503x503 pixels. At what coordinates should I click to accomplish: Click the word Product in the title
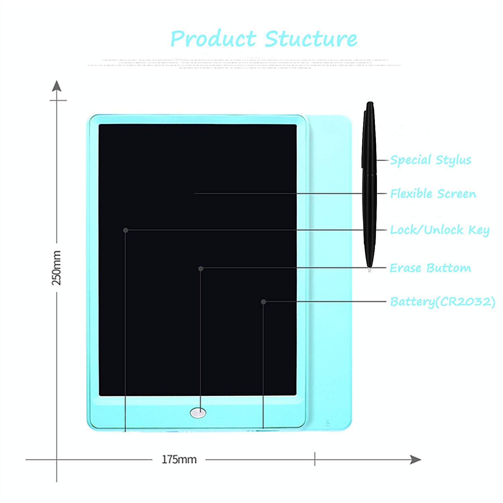point(213,39)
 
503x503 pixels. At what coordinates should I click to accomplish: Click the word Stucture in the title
point(311,39)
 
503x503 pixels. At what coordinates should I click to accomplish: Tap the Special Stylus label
point(431,160)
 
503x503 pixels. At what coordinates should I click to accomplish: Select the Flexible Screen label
point(433,194)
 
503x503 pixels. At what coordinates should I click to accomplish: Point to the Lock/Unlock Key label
point(440,230)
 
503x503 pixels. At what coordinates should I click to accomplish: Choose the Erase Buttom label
point(430,268)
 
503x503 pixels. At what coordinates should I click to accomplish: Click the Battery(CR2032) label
point(442,302)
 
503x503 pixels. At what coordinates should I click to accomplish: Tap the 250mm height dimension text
point(57,268)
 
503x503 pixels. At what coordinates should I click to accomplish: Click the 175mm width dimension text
point(179,459)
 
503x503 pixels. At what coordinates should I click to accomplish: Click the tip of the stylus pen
point(370,269)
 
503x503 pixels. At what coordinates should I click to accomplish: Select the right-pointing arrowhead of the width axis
point(416,459)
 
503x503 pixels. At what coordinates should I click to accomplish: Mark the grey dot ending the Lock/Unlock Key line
point(126,230)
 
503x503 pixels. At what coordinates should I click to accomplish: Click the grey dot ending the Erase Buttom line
point(201,269)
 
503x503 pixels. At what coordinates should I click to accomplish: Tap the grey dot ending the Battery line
point(264,302)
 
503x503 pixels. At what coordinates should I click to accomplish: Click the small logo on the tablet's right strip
point(328,423)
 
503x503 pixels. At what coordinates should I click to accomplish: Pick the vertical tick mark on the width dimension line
point(315,459)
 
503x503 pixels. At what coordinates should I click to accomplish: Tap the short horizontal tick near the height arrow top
point(58,100)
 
